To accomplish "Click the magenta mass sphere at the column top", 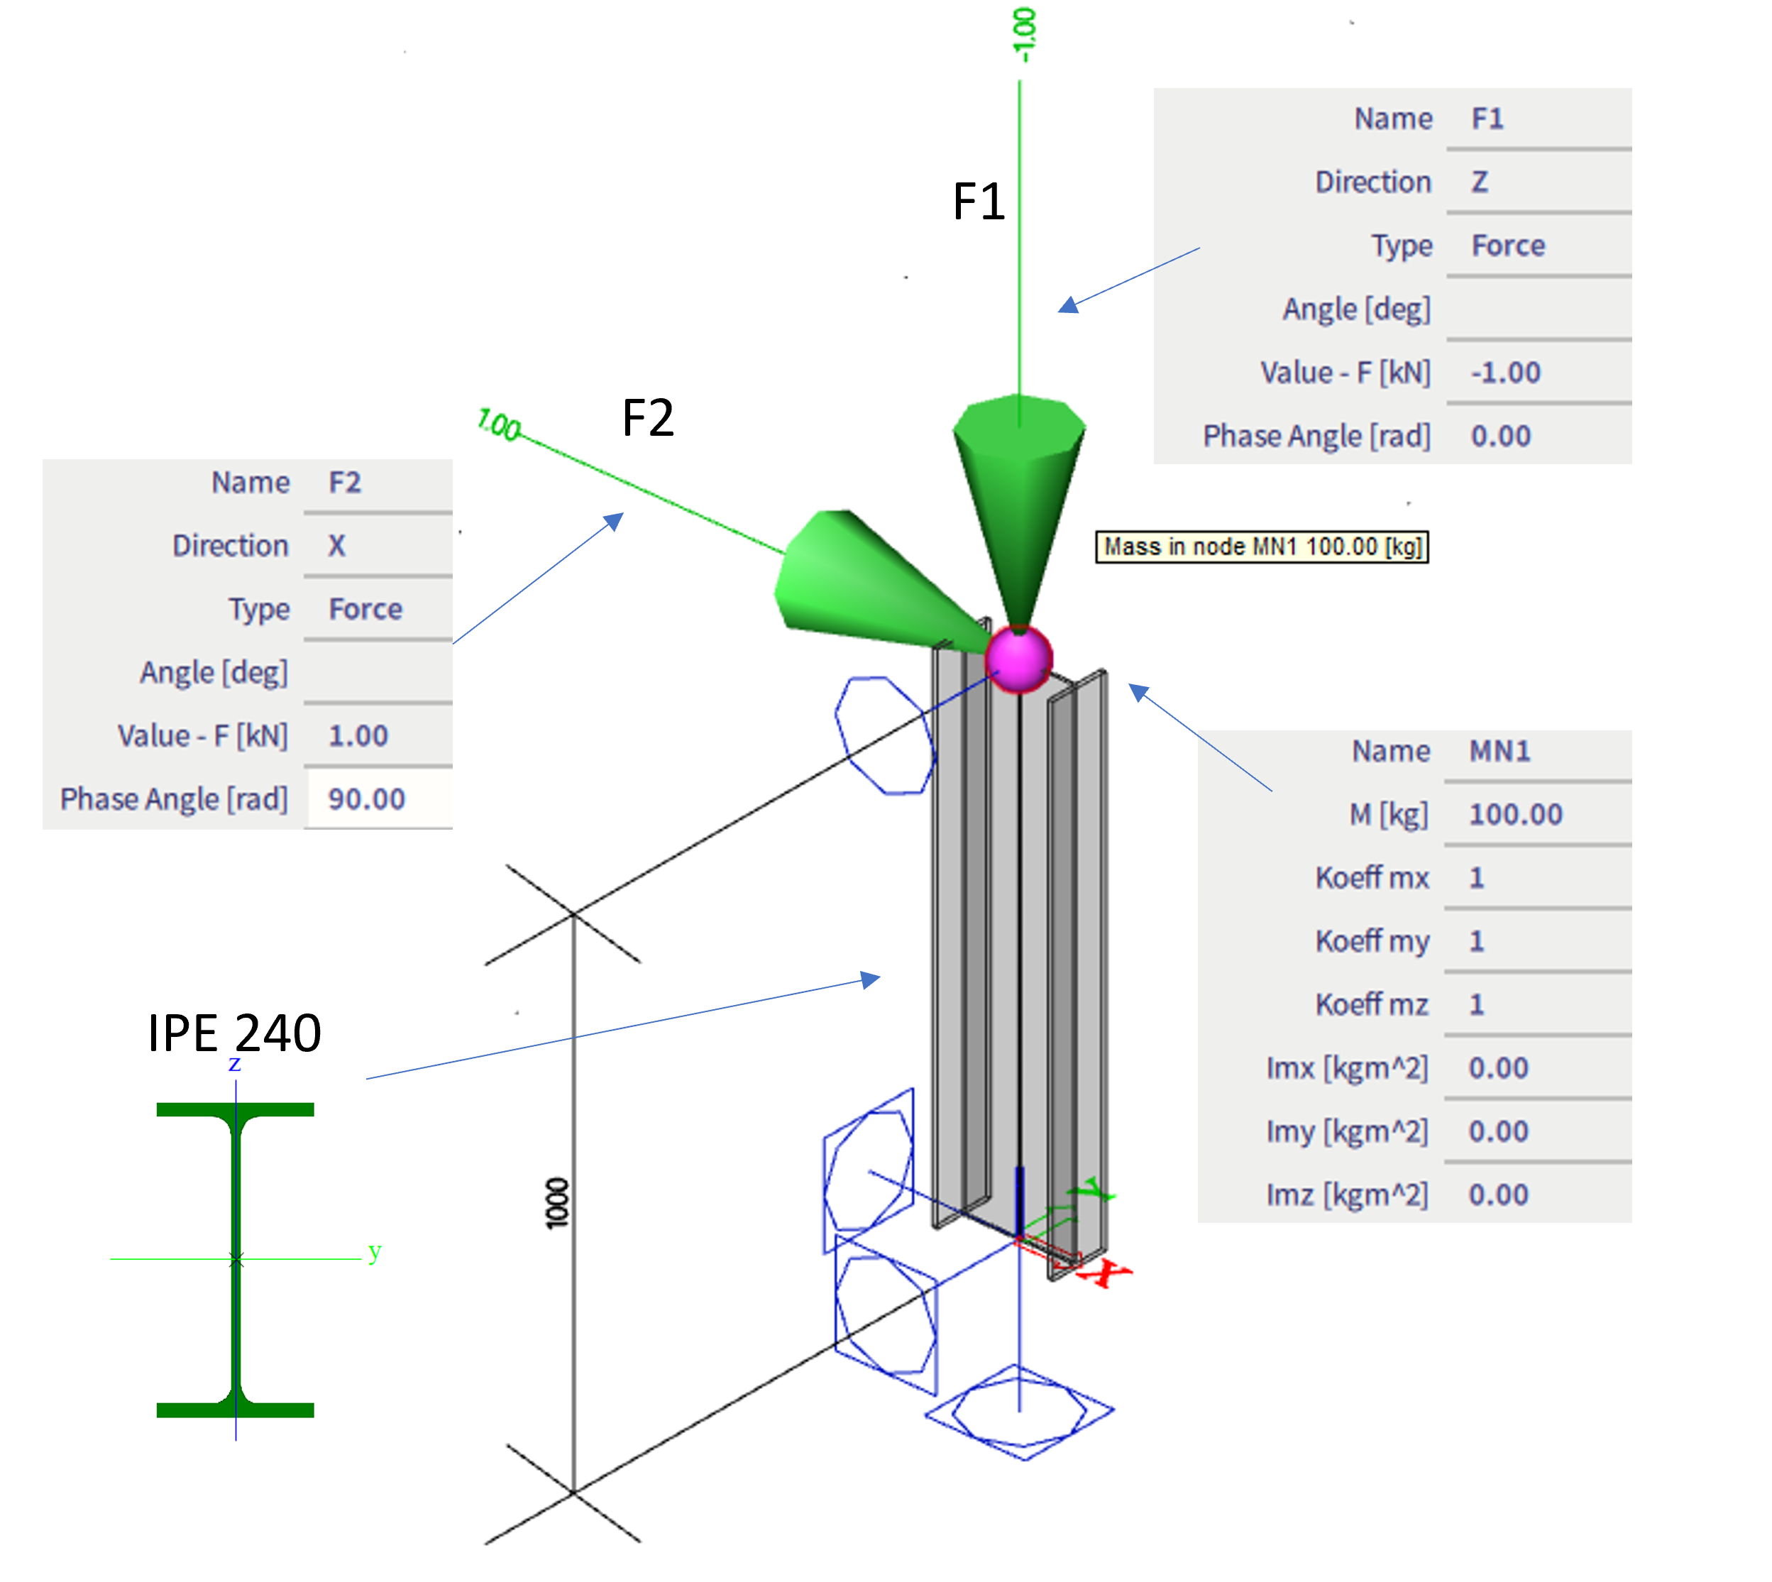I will pos(1018,659).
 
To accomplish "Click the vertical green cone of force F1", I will pos(1018,487).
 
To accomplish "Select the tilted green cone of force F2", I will pos(860,583).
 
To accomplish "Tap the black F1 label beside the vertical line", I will pos(979,202).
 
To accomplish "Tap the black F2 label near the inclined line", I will pos(647,418).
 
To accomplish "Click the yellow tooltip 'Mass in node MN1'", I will pos(1261,546).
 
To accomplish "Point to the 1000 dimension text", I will pos(557,1203).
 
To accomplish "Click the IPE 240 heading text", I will pos(235,1033).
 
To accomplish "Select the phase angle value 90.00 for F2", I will pos(366,799).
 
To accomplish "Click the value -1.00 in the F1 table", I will pos(1505,373).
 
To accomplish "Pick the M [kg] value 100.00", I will pos(1516,815).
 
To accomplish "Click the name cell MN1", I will pos(1499,751).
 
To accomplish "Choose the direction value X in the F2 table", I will pos(336,546).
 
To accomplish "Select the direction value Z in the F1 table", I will pos(1479,182).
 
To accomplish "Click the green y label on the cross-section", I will pos(375,1252).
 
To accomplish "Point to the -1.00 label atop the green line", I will pos(1025,35).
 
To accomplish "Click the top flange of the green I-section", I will pos(235,1110).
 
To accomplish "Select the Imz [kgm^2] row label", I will pos(1346,1195).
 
